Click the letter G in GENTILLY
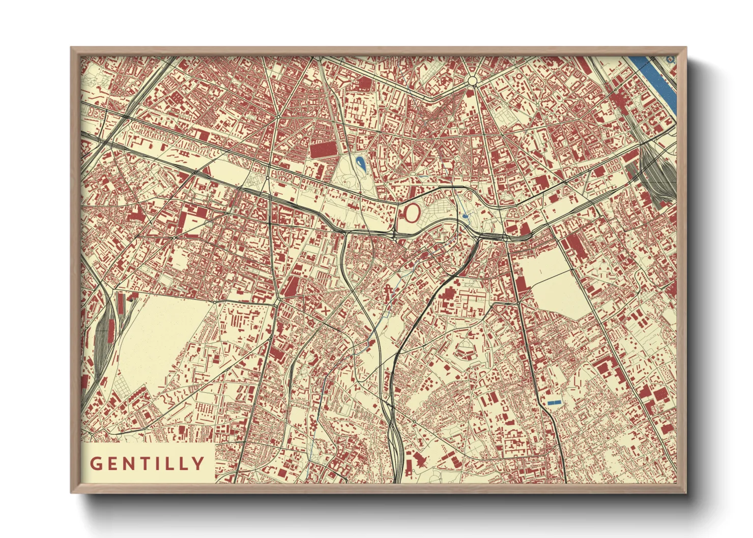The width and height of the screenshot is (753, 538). coord(96,464)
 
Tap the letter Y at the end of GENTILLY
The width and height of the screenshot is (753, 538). coord(198,464)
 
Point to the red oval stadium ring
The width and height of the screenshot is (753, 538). coord(412,213)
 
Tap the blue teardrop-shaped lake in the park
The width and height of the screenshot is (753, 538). coord(361,163)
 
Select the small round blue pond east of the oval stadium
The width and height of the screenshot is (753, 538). coord(466,217)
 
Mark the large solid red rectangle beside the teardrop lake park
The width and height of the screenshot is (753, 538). coord(323,150)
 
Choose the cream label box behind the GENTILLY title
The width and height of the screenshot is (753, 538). coord(148,463)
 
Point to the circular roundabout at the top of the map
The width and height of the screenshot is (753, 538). coord(473,81)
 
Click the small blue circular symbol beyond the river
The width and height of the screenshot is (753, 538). coord(670,59)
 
